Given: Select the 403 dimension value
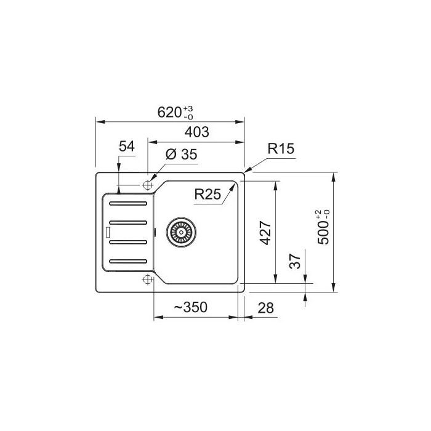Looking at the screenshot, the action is tap(197, 132).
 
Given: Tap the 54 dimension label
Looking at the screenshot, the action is tap(127, 147).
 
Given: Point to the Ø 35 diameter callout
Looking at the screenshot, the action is tap(182, 154).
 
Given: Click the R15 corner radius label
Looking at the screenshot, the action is tap(281, 148).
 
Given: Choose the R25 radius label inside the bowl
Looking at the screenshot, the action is tap(207, 195).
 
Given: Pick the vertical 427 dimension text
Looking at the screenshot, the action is tap(266, 233).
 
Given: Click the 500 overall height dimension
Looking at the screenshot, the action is tap(323, 227).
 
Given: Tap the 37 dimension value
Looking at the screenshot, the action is tap(295, 261).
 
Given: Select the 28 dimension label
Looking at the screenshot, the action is tap(265, 308).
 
